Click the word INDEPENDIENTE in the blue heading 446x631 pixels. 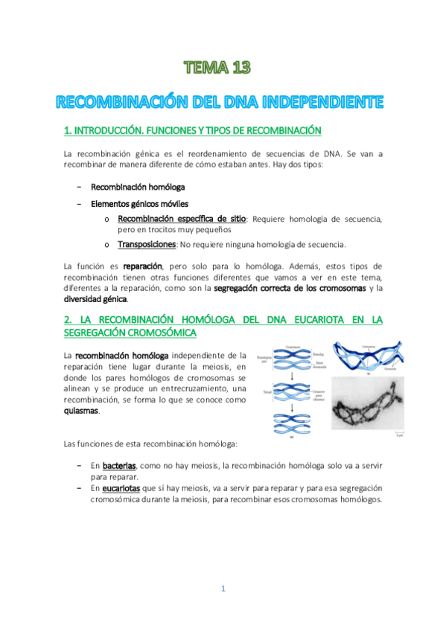[x=325, y=100]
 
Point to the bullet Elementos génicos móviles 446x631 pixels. [x=140, y=202]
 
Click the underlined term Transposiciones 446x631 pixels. [x=147, y=244]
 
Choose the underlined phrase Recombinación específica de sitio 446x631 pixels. [x=181, y=219]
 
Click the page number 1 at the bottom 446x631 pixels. [x=223, y=589]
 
